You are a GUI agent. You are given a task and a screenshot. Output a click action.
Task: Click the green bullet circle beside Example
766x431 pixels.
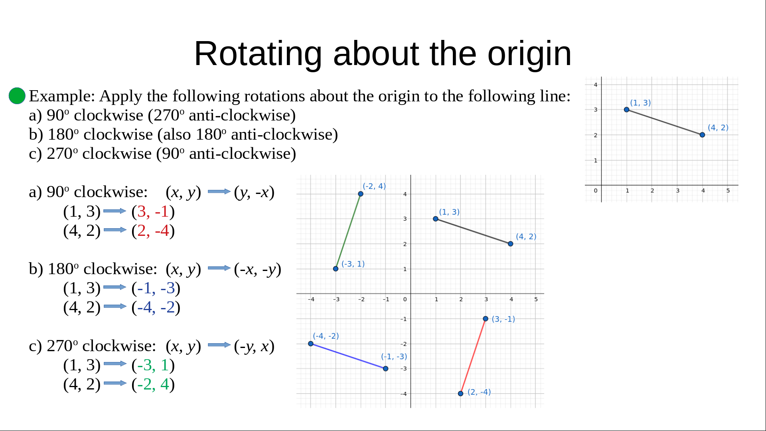[x=17, y=96]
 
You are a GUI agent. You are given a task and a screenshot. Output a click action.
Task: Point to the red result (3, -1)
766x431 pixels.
[x=153, y=212]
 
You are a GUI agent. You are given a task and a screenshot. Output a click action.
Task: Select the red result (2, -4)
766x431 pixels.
[x=153, y=231]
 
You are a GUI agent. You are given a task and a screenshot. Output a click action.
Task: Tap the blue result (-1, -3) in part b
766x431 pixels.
[x=156, y=288]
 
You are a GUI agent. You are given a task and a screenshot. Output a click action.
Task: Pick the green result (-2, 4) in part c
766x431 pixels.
[x=153, y=384]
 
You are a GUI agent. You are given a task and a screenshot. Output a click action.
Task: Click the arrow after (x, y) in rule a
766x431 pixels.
[x=219, y=192]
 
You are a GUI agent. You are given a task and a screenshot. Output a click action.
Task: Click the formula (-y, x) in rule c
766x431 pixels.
[x=254, y=346]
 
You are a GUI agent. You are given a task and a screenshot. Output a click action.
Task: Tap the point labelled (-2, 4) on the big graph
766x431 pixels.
[x=361, y=194]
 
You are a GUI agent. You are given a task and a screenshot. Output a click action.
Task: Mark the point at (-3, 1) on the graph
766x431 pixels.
[x=336, y=269]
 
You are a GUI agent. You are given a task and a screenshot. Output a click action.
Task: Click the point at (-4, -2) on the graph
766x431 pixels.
[x=311, y=344]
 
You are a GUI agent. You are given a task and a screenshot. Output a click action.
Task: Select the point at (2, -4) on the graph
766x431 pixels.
[x=460, y=393]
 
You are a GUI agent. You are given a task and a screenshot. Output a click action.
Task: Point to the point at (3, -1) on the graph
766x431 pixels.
[x=486, y=318]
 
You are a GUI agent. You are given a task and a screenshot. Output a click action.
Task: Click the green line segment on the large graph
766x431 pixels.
[x=348, y=231]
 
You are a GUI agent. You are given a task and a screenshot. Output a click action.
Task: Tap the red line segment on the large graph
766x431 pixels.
[x=473, y=356]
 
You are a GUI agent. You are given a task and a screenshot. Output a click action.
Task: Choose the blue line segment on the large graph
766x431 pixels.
[x=348, y=356]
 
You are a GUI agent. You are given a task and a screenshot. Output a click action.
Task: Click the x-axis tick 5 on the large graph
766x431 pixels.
[x=536, y=299]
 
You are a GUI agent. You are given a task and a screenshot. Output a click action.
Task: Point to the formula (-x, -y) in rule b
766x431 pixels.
[x=258, y=269]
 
